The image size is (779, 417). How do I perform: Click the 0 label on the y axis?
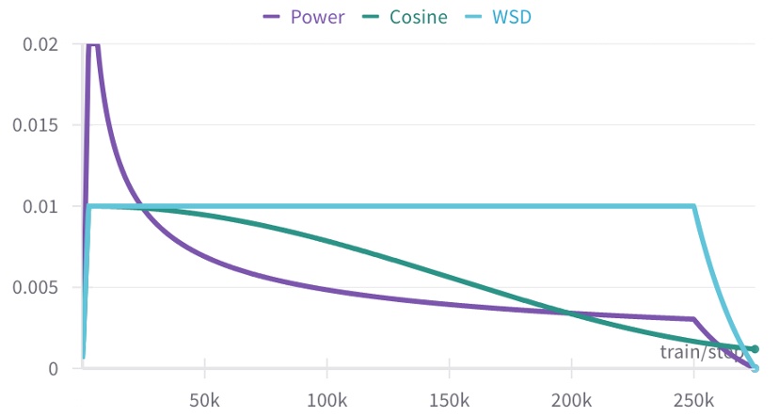53,368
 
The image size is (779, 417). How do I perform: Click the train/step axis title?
700,352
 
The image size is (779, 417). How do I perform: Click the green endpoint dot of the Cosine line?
755,349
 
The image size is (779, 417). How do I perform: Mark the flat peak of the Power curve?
93,44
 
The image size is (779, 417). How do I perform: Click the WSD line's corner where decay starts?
694,206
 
